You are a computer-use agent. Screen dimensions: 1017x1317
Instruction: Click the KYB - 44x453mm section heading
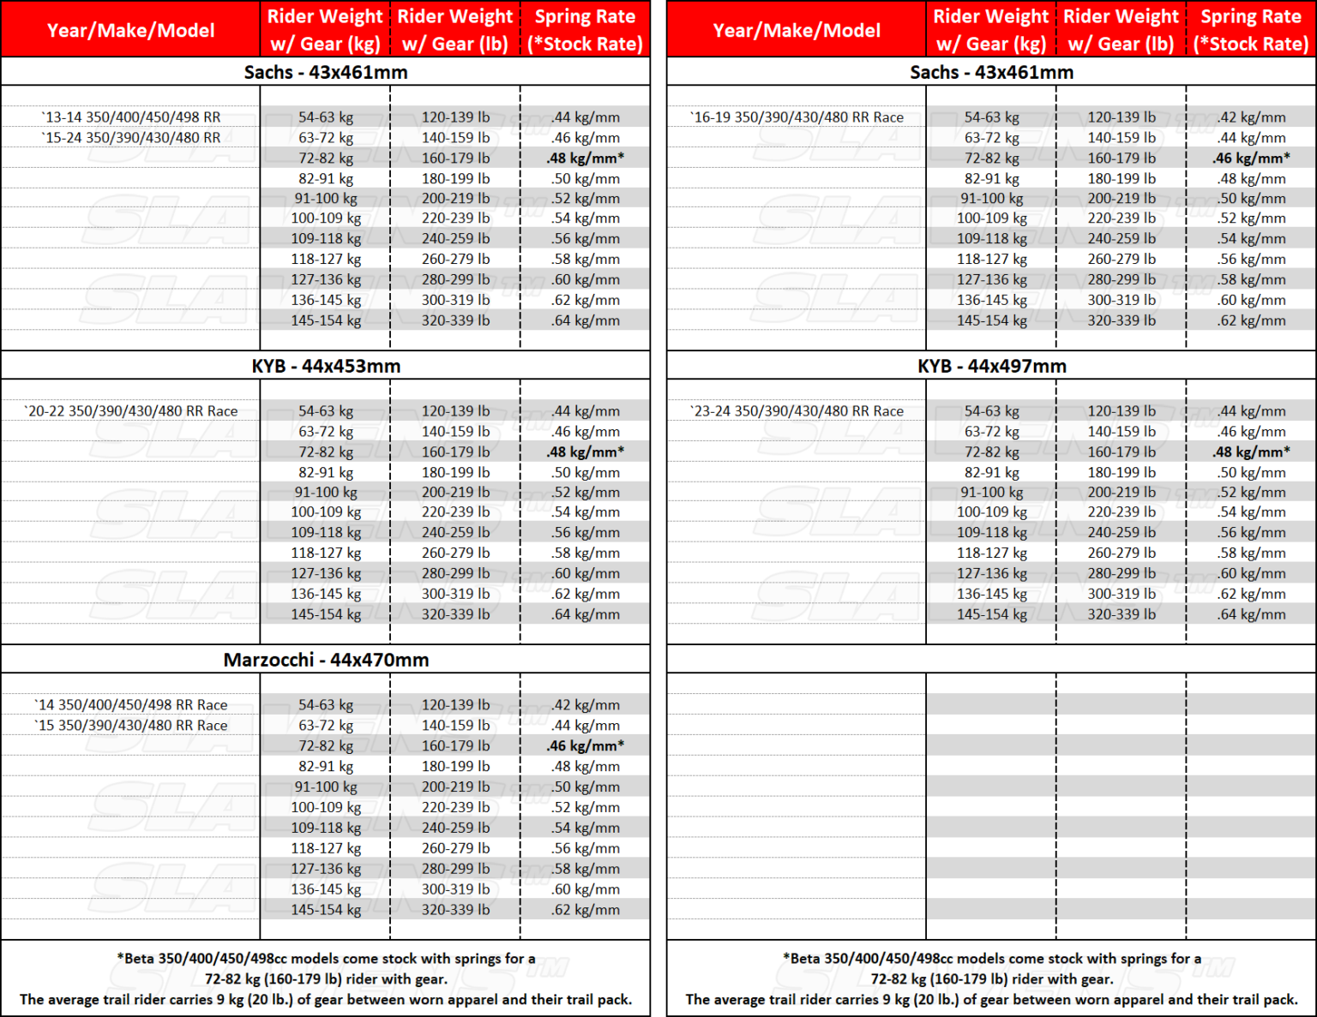[326, 366]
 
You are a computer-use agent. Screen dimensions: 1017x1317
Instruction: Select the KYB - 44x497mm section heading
[992, 366]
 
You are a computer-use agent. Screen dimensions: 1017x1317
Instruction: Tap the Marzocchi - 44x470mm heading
[326, 660]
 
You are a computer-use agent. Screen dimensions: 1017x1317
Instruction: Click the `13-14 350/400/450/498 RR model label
[131, 117]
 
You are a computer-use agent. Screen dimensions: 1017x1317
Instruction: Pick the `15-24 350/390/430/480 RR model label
[131, 138]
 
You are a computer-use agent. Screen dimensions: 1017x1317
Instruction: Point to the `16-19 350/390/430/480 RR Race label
[797, 117]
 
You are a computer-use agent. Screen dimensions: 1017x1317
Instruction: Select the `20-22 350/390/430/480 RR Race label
[131, 411]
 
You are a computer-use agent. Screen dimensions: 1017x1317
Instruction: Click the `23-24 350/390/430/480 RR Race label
[797, 411]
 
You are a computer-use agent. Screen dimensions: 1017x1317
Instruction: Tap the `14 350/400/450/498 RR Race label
[131, 705]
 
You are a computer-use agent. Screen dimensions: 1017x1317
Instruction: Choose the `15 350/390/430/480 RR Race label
[131, 726]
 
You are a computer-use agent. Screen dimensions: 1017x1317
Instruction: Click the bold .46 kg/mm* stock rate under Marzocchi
[586, 746]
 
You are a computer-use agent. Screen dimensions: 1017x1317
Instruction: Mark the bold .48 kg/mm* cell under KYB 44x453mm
[586, 452]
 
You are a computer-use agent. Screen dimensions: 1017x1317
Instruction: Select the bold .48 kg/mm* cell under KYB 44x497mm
[1251, 452]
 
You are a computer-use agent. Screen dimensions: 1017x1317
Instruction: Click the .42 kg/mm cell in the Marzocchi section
[586, 705]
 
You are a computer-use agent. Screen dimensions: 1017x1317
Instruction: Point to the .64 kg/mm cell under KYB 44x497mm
[1251, 614]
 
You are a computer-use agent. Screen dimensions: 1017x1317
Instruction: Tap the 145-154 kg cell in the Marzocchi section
[326, 910]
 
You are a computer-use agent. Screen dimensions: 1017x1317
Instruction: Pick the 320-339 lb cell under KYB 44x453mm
[455, 614]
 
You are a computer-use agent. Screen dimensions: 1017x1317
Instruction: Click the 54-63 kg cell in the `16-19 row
[992, 117]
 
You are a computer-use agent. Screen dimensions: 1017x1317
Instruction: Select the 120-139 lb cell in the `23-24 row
[1122, 411]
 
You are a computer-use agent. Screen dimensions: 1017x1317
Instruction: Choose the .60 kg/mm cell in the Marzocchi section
[586, 889]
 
